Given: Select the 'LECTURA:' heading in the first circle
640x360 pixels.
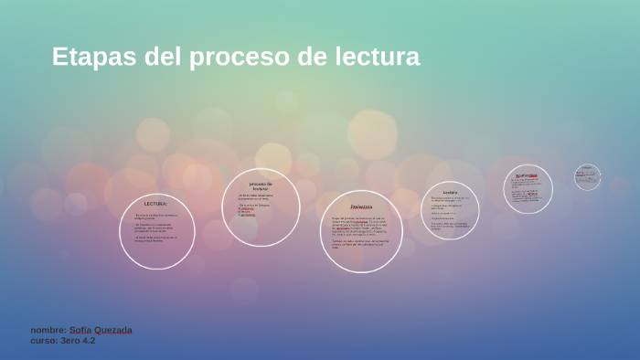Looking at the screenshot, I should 156,204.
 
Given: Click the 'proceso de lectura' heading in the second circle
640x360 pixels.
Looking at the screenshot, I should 261,186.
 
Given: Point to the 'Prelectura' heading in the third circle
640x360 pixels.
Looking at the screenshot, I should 361,207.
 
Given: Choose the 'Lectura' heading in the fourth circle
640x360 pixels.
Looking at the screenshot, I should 450,193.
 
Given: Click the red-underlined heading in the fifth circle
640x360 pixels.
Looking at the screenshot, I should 527,175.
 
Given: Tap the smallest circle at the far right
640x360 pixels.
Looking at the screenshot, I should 587,177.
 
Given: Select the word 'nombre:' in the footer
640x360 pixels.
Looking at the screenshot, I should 48,330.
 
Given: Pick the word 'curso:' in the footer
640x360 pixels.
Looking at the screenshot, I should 44,341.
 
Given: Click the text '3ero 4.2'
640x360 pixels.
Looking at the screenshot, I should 78,341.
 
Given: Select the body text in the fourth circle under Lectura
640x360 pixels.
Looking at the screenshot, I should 450,213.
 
